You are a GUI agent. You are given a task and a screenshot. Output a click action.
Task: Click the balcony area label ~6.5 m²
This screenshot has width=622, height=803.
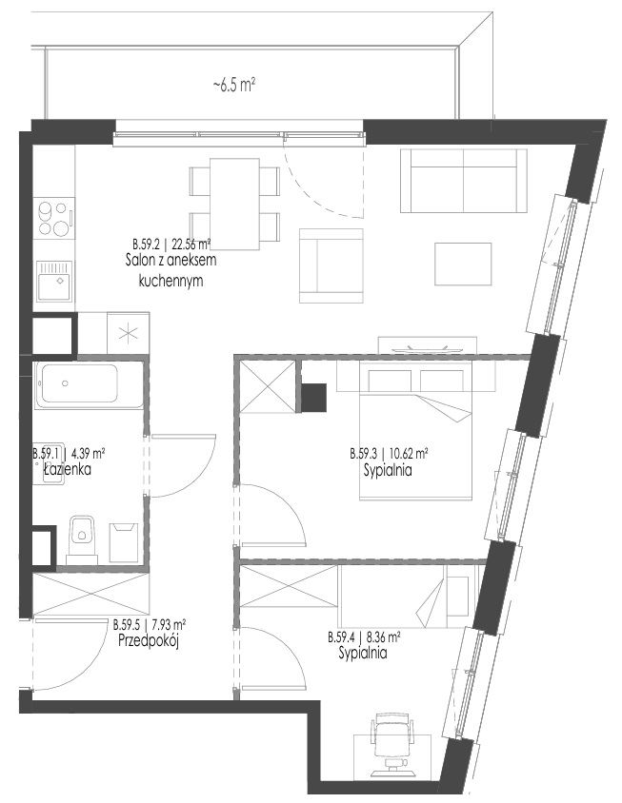tap(234, 85)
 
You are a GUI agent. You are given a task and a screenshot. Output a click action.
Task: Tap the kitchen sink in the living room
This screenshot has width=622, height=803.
tap(54, 281)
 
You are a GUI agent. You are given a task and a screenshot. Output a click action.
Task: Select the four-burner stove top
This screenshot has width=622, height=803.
tap(54, 218)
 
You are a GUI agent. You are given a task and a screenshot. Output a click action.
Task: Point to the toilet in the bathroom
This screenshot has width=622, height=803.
tap(82, 536)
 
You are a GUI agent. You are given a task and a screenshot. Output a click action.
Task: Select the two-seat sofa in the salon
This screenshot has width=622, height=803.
tap(464, 180)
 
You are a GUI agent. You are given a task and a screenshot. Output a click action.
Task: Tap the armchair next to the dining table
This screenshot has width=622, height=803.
tap(331, 265)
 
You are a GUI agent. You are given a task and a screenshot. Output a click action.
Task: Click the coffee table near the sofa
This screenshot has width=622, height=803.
tap(463, 264)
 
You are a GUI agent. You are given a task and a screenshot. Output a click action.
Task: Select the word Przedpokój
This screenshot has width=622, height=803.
tap(149, 640)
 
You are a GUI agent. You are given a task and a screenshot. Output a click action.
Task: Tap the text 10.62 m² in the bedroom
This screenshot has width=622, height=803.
tap(409, 454)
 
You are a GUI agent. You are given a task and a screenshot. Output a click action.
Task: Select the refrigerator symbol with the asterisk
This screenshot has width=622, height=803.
tap(129, 333)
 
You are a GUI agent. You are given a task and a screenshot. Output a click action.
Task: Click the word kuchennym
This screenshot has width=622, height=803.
tap(171, 282)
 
